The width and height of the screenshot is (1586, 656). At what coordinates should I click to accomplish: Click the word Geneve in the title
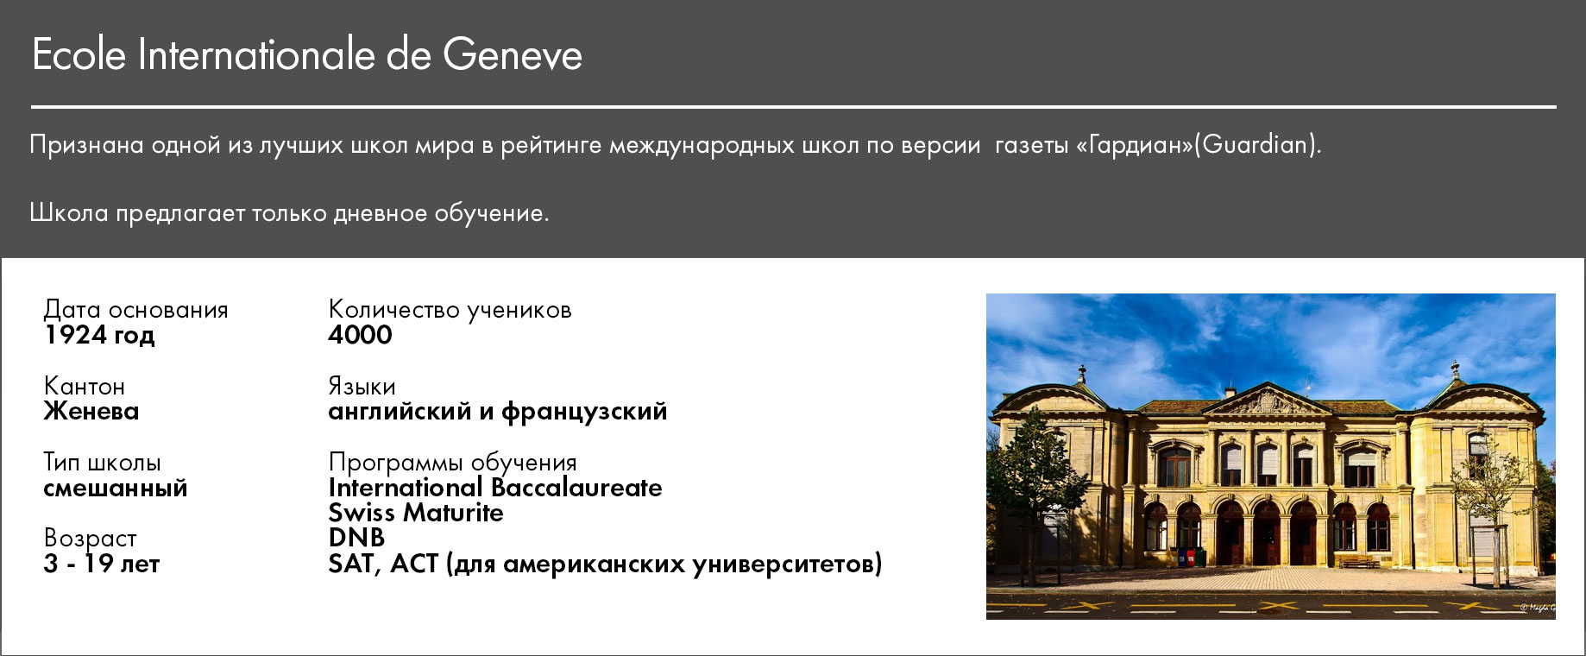pos(513,55)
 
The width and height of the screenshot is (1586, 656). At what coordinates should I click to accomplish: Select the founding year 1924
pos(73,335)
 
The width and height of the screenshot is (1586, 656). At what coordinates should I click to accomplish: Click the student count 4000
pos(360,335)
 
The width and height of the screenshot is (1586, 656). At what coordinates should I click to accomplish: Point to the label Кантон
pos(85,386)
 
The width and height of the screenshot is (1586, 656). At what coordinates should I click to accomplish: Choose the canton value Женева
pos(91,411)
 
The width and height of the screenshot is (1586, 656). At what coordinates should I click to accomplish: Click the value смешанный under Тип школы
pos(116,488)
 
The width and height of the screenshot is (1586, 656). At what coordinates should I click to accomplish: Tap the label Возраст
pos(91,539)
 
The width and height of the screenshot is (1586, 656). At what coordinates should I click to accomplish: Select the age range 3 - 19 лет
pos(102,564)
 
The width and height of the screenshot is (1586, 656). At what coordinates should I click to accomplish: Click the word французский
pos(584,412)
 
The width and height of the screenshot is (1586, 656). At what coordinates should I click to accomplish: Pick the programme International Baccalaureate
pos(495,488)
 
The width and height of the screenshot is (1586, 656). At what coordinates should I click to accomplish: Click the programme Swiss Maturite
pos(416,513)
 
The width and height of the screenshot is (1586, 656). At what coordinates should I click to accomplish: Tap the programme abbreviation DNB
pos(356,538)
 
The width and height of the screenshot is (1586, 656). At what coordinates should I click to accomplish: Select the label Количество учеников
pos(450,309)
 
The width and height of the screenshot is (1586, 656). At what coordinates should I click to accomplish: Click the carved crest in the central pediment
pos(1267,402)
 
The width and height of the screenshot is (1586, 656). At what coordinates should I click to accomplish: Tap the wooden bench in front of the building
pos(1359,561)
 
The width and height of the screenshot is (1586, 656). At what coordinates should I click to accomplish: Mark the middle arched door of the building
pos(1267,535)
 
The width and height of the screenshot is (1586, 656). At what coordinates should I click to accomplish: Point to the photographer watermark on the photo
pos(1537,608)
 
